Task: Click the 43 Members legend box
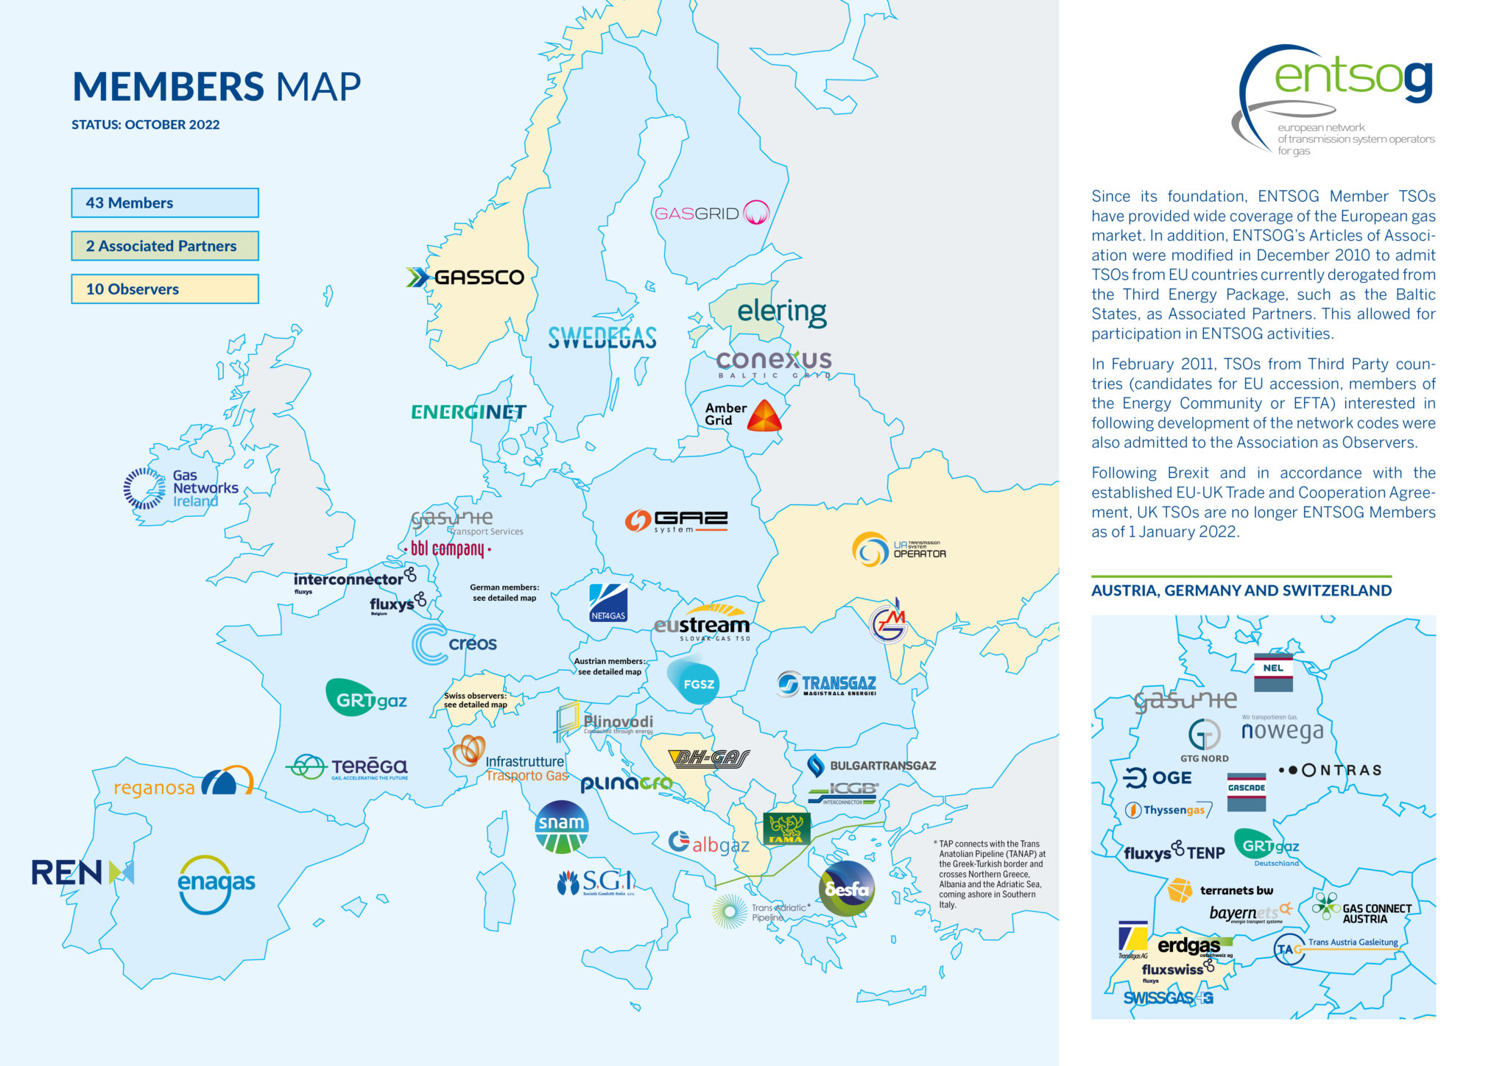pyautogui.click(x=164, y=202)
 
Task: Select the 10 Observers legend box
pyautogui.click(x=164, y=289)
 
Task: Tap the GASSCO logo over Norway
pyautogui.click(x=466, y=277)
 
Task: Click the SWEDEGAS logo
pyautogui.click(x=602, y=338)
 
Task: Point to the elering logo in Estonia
pyautogui.click(x=781, y=311)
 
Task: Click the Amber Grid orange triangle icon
pyautogui.click(x=764, y=416)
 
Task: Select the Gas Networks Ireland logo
pyautogui.click(x=181, y=488)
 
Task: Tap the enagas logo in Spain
pyautogui.click(x=216, y=883)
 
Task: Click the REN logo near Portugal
pyautogui.click(x=82, y=873)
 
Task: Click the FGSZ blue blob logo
pyautogui.click(x=694, y=682)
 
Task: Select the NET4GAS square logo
pyautogui.click(x=608, y=603)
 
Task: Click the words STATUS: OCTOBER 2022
pyautogui.click(x=145, y=124)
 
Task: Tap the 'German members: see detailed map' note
pyautogui.click(x=504, y=593)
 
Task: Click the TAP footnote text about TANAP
pyautogui.click(x=991, y=874)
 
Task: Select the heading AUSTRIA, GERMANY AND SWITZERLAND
pyautogui.click(x=1241, y=590)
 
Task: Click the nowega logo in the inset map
pyautogui.click(x=1282, y=731)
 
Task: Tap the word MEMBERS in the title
pyautogui.click(x=168, y=87)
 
